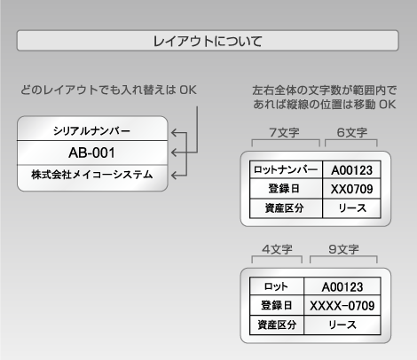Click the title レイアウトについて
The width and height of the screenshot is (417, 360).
pos(208,41)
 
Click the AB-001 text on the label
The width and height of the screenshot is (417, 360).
pos(91,153)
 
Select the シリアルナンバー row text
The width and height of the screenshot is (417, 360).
pos(91,130)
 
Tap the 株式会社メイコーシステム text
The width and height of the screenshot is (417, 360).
pos(92,175)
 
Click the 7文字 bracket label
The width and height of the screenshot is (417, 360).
pos(284,133)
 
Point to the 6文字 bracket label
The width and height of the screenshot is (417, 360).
pos(352,133)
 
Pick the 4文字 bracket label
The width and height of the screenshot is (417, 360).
pos(277,249)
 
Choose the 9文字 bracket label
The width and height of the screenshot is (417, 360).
pos(343,249)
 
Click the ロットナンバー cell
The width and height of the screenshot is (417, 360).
pos(286,169)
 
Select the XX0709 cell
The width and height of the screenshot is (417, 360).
pos(351,189)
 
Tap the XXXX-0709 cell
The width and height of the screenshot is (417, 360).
pos(342,306)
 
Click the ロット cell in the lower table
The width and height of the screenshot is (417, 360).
pos(276,286)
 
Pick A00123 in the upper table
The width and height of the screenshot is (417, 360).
pos(351,170)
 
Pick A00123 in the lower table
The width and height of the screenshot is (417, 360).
pos(342,286)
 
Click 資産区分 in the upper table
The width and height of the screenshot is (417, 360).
pos(284,208)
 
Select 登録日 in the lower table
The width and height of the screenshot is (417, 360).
pos(276,305)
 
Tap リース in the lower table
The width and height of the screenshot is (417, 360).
pos(342,325)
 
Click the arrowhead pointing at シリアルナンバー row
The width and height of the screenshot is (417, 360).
pos(175,133)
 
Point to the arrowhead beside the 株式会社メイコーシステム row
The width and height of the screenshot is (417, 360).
pos(175,176)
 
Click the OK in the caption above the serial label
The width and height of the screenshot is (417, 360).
pos(188,90)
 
